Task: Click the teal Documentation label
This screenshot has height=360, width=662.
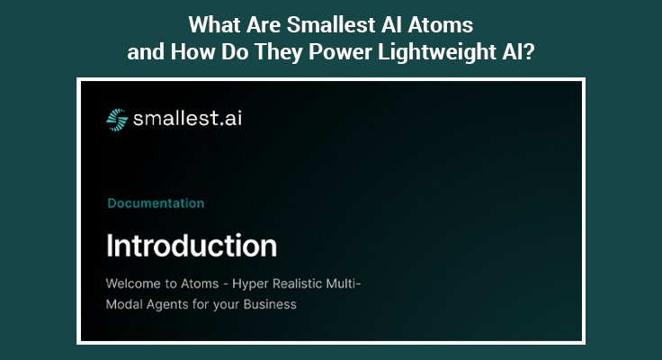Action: point(156,203)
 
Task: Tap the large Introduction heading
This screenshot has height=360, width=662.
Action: point(192,245)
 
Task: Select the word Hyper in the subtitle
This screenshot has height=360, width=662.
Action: point(254,283)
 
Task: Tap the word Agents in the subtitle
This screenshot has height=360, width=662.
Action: point(171,304)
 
